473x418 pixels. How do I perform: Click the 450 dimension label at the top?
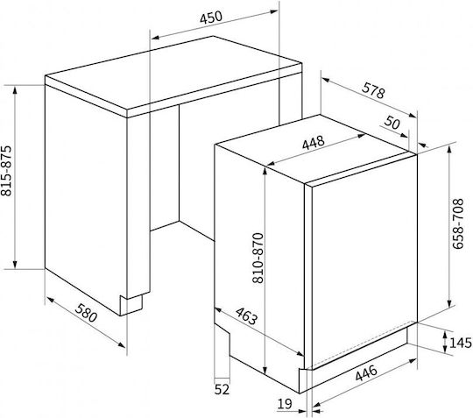[211, 18]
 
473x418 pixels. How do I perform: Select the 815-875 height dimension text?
[6, 171]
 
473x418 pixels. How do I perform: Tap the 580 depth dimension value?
[86, 313]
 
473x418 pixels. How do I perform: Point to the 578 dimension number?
[374, 90]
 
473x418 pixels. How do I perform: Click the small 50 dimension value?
[392, 122]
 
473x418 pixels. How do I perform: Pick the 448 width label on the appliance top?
[314, 143]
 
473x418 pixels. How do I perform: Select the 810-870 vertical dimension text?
[258, 258]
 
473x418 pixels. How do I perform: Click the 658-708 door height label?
[458, 223]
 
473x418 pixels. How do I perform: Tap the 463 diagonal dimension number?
[247, 316]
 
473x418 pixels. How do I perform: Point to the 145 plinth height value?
[461, 343]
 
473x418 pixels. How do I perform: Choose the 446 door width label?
[366, 373]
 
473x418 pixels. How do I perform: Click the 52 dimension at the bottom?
[222, 389]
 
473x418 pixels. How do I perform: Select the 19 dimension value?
[285, 403]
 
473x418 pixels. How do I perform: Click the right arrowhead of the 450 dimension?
[273, 11]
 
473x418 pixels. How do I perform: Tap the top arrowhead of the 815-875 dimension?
[15, 89]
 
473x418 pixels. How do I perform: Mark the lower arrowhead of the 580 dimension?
[121, 344]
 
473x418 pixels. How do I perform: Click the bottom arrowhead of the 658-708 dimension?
[449, 302]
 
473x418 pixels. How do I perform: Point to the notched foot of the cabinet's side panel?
[131, 305]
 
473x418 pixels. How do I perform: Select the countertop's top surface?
[173, 73]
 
